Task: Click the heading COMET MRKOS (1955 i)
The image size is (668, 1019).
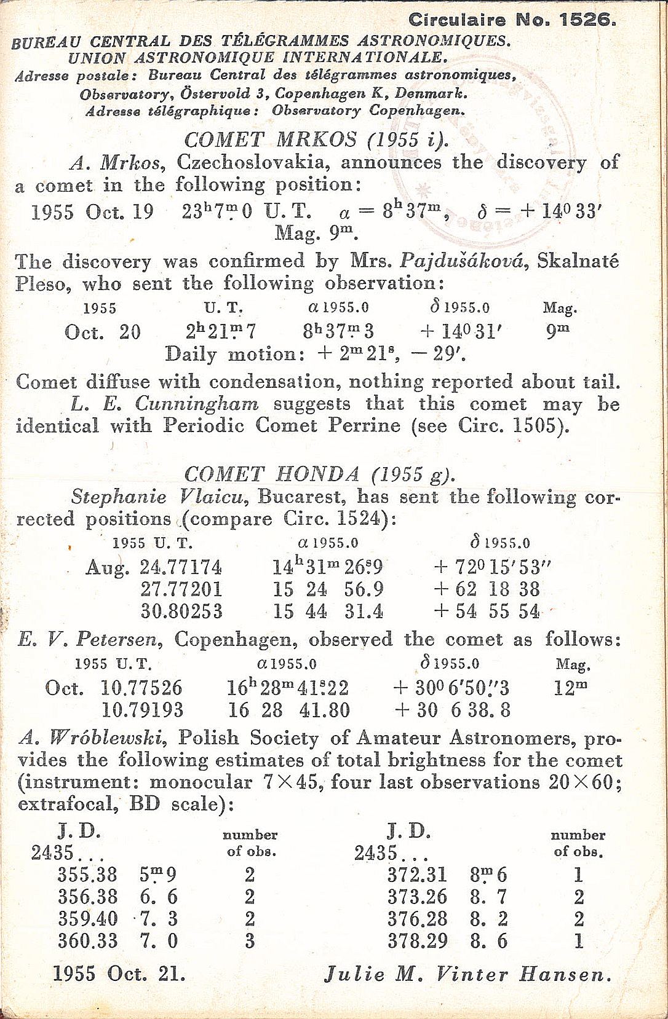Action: pos(316,140)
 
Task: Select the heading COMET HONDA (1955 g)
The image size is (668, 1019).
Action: pos(319,474)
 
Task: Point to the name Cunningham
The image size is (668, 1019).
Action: pos(197,404)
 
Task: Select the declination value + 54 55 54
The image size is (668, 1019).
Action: pos(487,612)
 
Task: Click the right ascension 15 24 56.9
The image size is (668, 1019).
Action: pos(328,589)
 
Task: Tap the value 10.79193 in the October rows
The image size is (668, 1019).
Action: pos(142,710)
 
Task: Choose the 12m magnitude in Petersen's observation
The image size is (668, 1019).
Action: pos(570,687)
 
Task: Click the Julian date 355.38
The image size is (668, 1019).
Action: pos(87,875)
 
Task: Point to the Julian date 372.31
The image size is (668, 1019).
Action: pos(417,875)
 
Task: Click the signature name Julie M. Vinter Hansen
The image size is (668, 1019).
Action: pos(467,974)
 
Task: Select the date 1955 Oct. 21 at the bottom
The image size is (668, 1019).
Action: pos(119,974)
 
